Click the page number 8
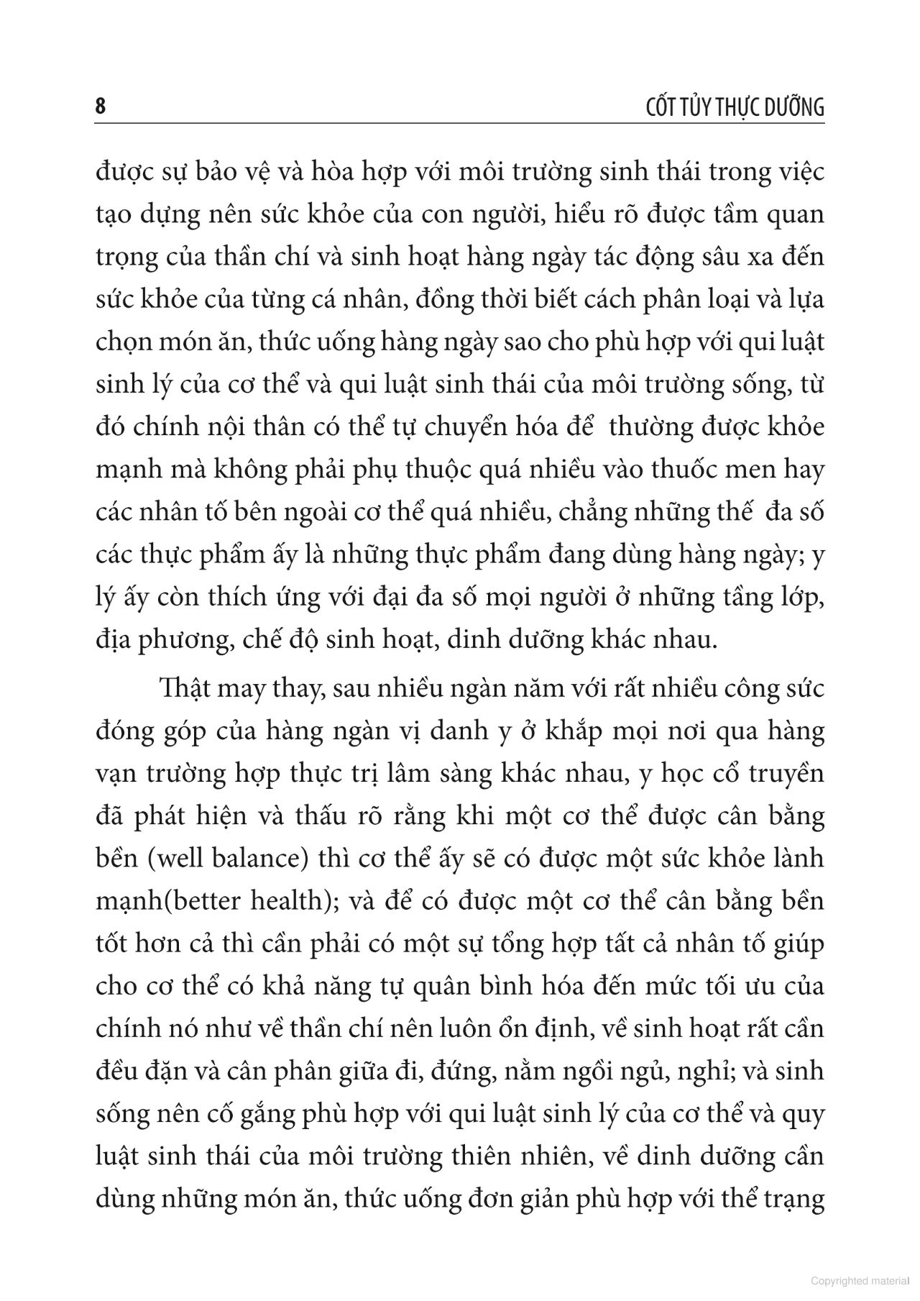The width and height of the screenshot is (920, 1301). (100, 106)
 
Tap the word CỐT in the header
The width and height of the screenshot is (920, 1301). (642, 107)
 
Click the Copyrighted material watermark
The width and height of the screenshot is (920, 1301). (860, 1281)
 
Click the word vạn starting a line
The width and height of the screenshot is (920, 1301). (115, 775)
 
